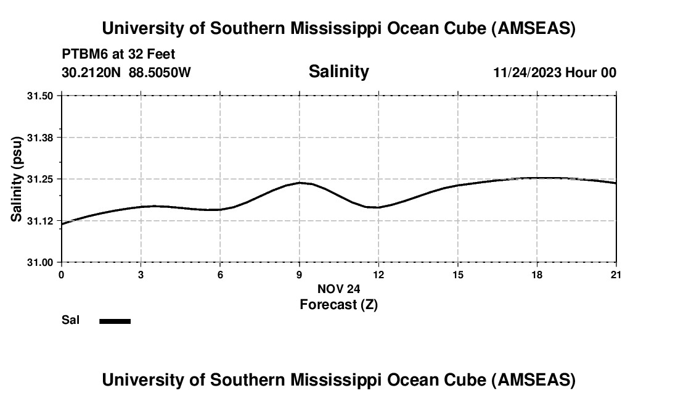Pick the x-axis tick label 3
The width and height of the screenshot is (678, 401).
[x=141, y=274]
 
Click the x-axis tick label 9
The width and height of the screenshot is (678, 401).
[x=300, y=274]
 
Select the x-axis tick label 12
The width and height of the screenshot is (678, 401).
[x=378, y=274]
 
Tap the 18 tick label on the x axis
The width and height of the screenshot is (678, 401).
[x=537, y=274]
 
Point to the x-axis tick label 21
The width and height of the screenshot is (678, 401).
[x=616, y=274]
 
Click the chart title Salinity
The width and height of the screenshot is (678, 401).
[x=338, y=72]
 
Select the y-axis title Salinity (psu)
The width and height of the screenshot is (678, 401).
[x=17, y=179]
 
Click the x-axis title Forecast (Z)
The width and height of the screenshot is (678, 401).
[x=338, y=304]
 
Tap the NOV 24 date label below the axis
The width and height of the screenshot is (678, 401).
[x=338, y=289]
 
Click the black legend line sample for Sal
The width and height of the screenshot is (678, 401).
[x=115, y=321]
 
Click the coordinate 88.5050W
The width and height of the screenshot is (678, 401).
[x=160, y=72]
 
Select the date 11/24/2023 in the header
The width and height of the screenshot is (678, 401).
[x=527, y=72]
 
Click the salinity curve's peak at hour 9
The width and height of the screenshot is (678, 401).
[x=300, y=183]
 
